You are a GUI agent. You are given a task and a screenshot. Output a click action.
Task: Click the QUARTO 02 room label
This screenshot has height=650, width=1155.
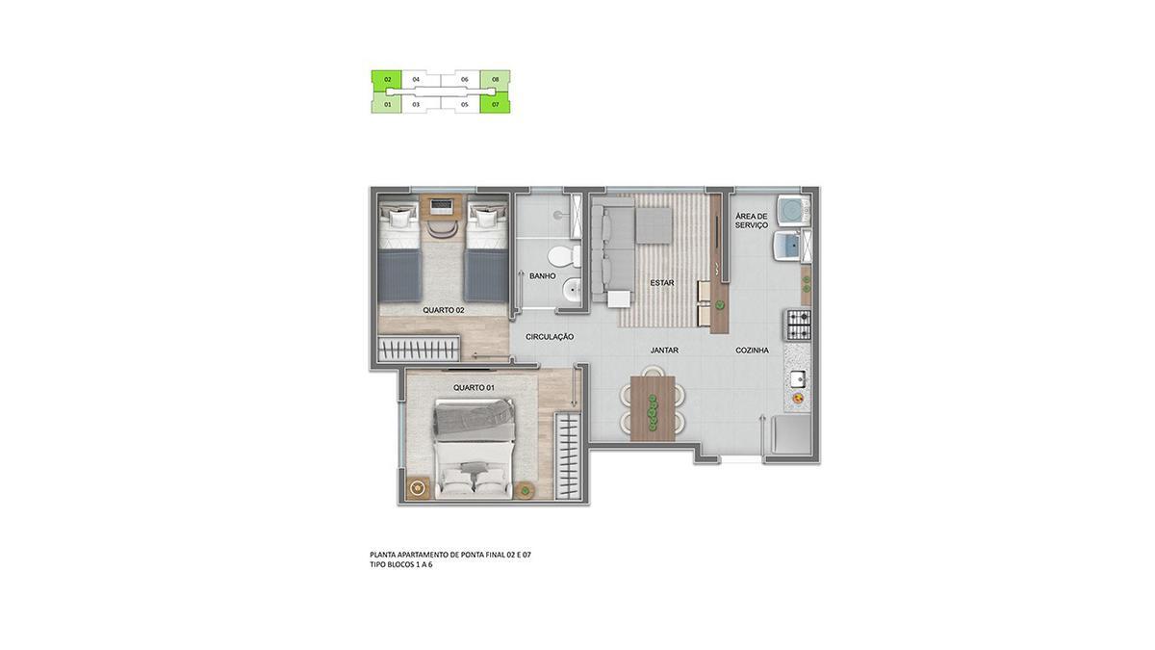click(444, 310)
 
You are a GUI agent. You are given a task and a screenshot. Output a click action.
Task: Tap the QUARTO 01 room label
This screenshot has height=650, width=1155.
click(474, 387)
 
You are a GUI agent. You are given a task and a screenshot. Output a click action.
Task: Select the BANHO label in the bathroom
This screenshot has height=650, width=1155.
click(543, 276)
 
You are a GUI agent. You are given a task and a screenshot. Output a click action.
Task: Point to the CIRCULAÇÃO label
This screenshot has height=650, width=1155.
click(550, 337)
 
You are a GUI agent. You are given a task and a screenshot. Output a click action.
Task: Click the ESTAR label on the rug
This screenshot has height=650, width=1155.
click(662, 283)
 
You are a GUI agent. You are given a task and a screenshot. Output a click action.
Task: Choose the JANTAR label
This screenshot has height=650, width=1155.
click(664, 351)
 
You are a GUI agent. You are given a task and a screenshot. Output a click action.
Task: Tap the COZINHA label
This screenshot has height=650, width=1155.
click(752, 351)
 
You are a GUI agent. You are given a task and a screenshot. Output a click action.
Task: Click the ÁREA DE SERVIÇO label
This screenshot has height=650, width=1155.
click(752, 221)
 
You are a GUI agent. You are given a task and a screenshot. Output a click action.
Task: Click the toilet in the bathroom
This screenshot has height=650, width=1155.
click(564, 256)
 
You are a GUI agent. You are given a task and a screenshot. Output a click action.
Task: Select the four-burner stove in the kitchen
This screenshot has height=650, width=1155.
click(797, 325)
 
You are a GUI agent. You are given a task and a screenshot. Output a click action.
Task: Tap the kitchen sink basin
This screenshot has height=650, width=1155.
click(799, 379)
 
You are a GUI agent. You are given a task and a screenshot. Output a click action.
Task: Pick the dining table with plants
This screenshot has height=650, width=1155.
click(653, 408)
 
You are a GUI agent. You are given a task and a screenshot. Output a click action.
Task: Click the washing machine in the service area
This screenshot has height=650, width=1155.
click(791, 211)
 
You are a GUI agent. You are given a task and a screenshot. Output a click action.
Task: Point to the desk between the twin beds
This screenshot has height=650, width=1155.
click(444, 206)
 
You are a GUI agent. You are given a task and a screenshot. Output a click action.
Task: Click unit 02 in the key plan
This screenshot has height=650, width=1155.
click(387, 79)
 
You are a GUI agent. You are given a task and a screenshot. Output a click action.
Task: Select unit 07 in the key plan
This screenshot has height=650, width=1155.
click(495, 104)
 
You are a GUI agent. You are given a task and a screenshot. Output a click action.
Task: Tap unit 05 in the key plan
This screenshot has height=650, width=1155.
click(465, 104)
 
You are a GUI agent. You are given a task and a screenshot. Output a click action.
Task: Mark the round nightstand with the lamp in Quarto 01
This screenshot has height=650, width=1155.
click(417, 487)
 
